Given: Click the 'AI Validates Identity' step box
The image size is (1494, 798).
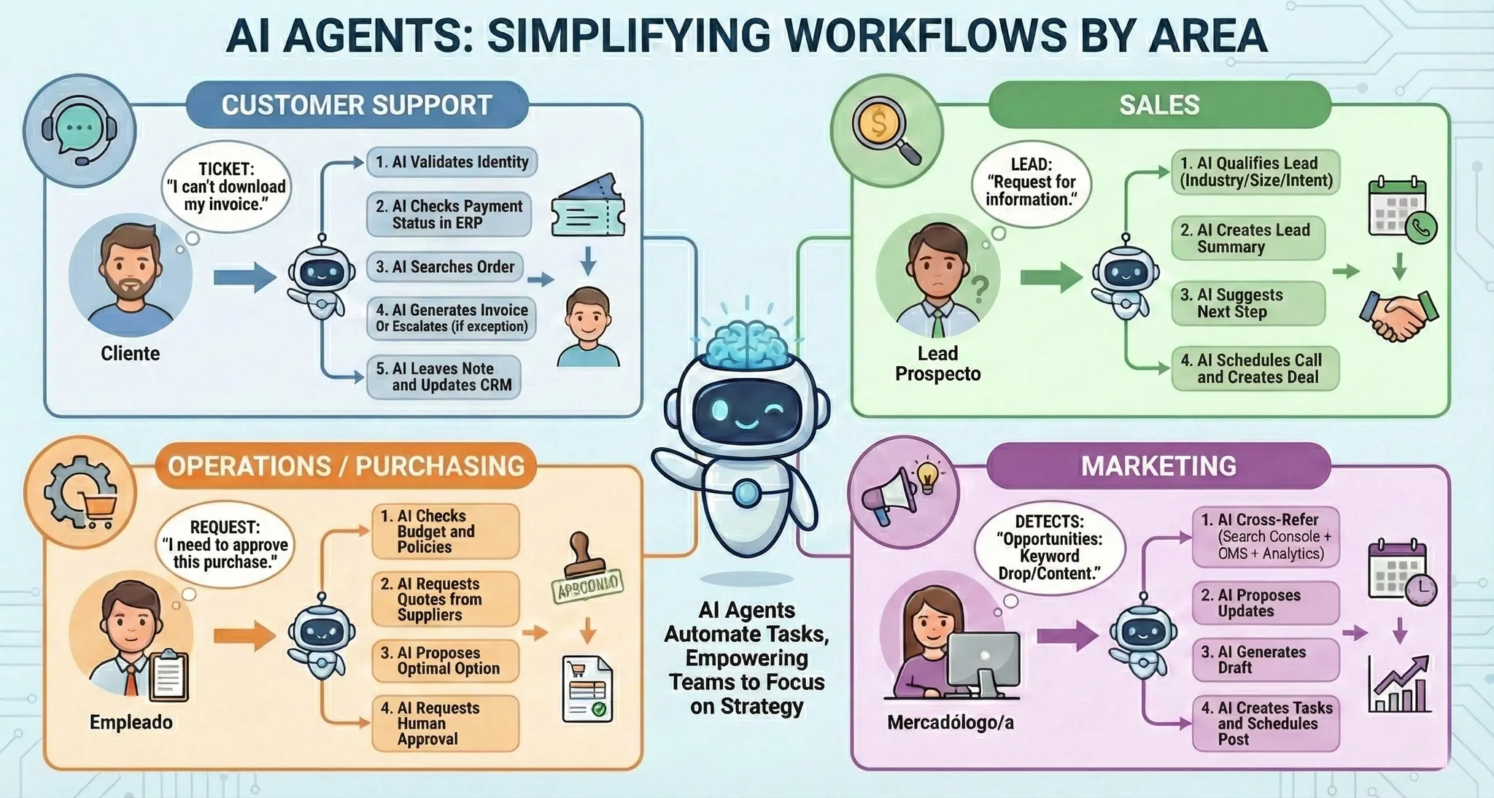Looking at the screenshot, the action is [452, 162].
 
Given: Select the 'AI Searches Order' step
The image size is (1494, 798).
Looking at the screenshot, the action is [444, 267].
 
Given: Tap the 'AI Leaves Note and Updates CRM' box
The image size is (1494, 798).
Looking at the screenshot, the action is [444, 376].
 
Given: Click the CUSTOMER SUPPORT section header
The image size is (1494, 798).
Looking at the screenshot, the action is [357, 105].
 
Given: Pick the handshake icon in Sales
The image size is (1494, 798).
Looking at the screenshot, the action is [1398, 314].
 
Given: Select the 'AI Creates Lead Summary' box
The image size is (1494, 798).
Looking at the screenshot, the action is [1248, 239].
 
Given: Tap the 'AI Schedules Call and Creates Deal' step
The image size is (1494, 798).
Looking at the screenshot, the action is [1255, 368].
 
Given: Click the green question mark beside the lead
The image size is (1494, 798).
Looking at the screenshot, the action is [980, 289].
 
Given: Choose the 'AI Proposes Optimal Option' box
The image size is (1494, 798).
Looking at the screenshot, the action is [445, 661].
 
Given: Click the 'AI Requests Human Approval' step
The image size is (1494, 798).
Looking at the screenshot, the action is [445, 723].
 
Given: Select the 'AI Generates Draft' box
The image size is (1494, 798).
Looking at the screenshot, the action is [1266, 659].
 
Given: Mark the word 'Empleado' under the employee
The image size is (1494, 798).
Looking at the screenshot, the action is [131, 722].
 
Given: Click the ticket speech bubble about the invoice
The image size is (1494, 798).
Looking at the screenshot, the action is [226, 187].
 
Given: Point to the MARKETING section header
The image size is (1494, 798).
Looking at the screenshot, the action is [1158, 466].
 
